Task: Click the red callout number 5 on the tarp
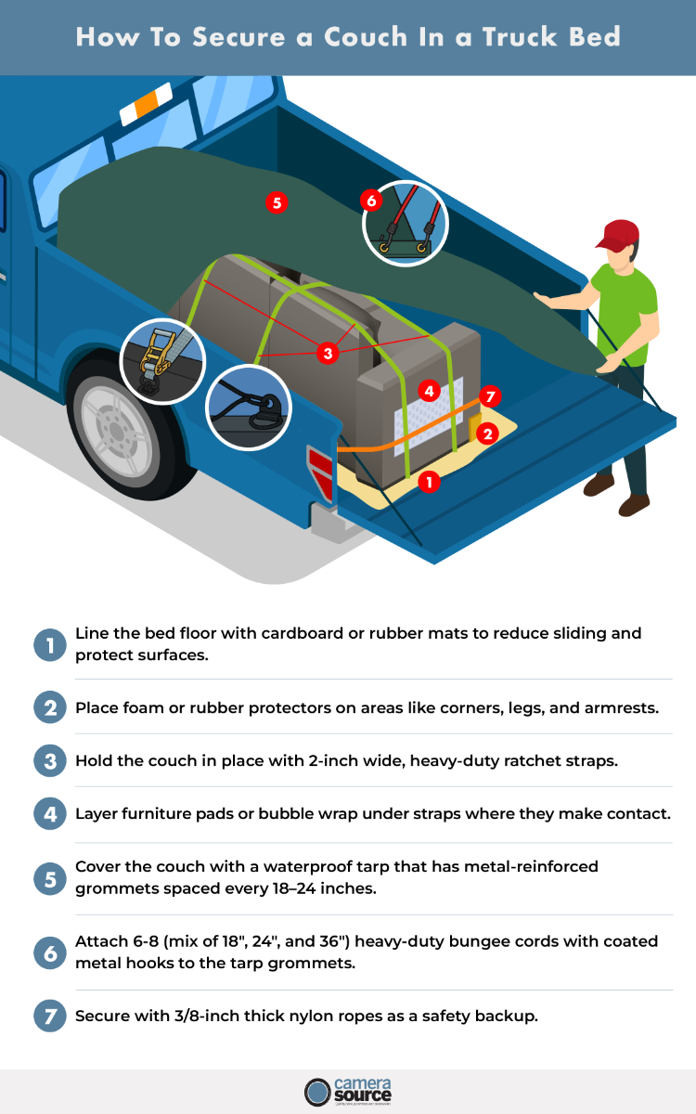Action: (x=275, y=202)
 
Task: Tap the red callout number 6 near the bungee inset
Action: (x=370, y=201)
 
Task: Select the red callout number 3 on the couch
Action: (x=327, y=353)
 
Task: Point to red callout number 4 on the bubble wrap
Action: (x=428, y=390)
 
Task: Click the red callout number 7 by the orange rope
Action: (x=491, y=397)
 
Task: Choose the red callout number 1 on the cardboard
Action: (x=428, y=482)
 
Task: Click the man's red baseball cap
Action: (x=618, y=235)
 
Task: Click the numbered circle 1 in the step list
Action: (x=47, y=645)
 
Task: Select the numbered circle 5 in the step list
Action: (x=47, y=878)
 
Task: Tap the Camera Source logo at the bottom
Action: (x=348, y=1091)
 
